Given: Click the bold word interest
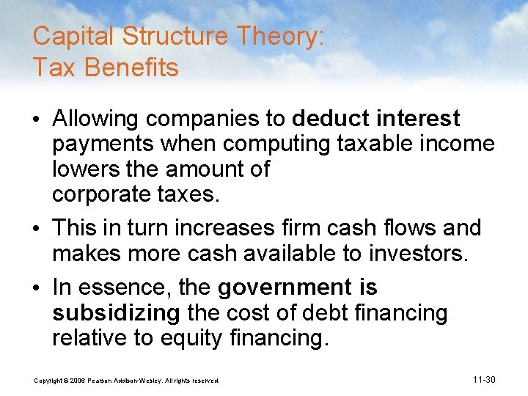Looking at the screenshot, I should [x=419, y=118].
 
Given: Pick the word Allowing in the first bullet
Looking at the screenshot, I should [x=95, y=118].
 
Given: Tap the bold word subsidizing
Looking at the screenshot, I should [x=116, y=312].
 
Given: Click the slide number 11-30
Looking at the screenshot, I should [x=485, y=379].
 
